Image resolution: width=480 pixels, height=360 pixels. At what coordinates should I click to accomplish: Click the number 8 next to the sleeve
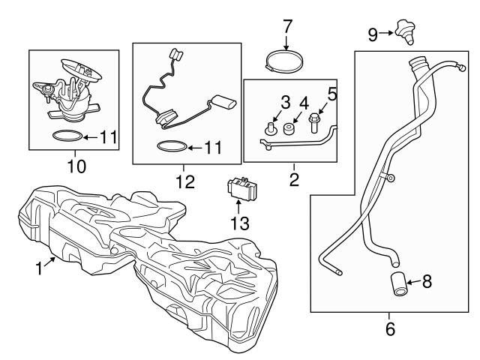(427, 282)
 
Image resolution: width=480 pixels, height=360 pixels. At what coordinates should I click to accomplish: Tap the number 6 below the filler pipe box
(390, 328)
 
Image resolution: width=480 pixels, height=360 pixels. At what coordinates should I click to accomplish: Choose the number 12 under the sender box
(184, 181)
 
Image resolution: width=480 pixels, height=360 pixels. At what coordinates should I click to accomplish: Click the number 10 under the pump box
(76, 164)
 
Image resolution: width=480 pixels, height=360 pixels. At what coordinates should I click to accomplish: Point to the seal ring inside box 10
(66, 137)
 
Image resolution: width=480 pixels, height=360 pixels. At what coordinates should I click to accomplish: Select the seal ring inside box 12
(171, 147)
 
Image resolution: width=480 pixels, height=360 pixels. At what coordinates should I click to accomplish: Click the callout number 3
(285, 102)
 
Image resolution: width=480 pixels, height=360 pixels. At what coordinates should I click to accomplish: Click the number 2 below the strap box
(294, 179)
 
